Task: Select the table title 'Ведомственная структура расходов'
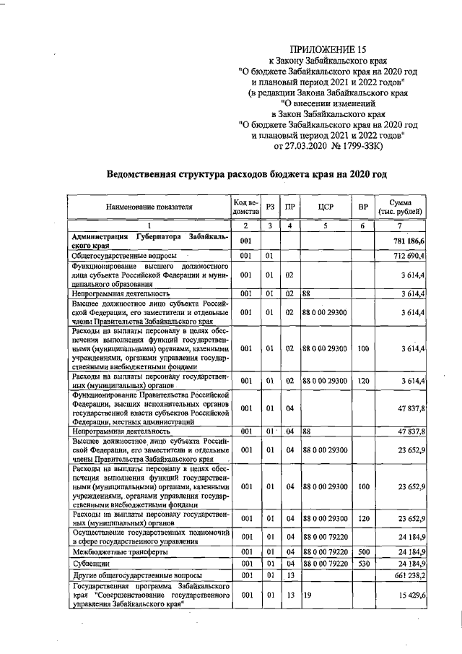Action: point(247,174)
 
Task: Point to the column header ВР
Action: point(363,207)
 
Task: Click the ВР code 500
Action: point(363,551)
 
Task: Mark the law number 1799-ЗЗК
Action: point(367,147)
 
